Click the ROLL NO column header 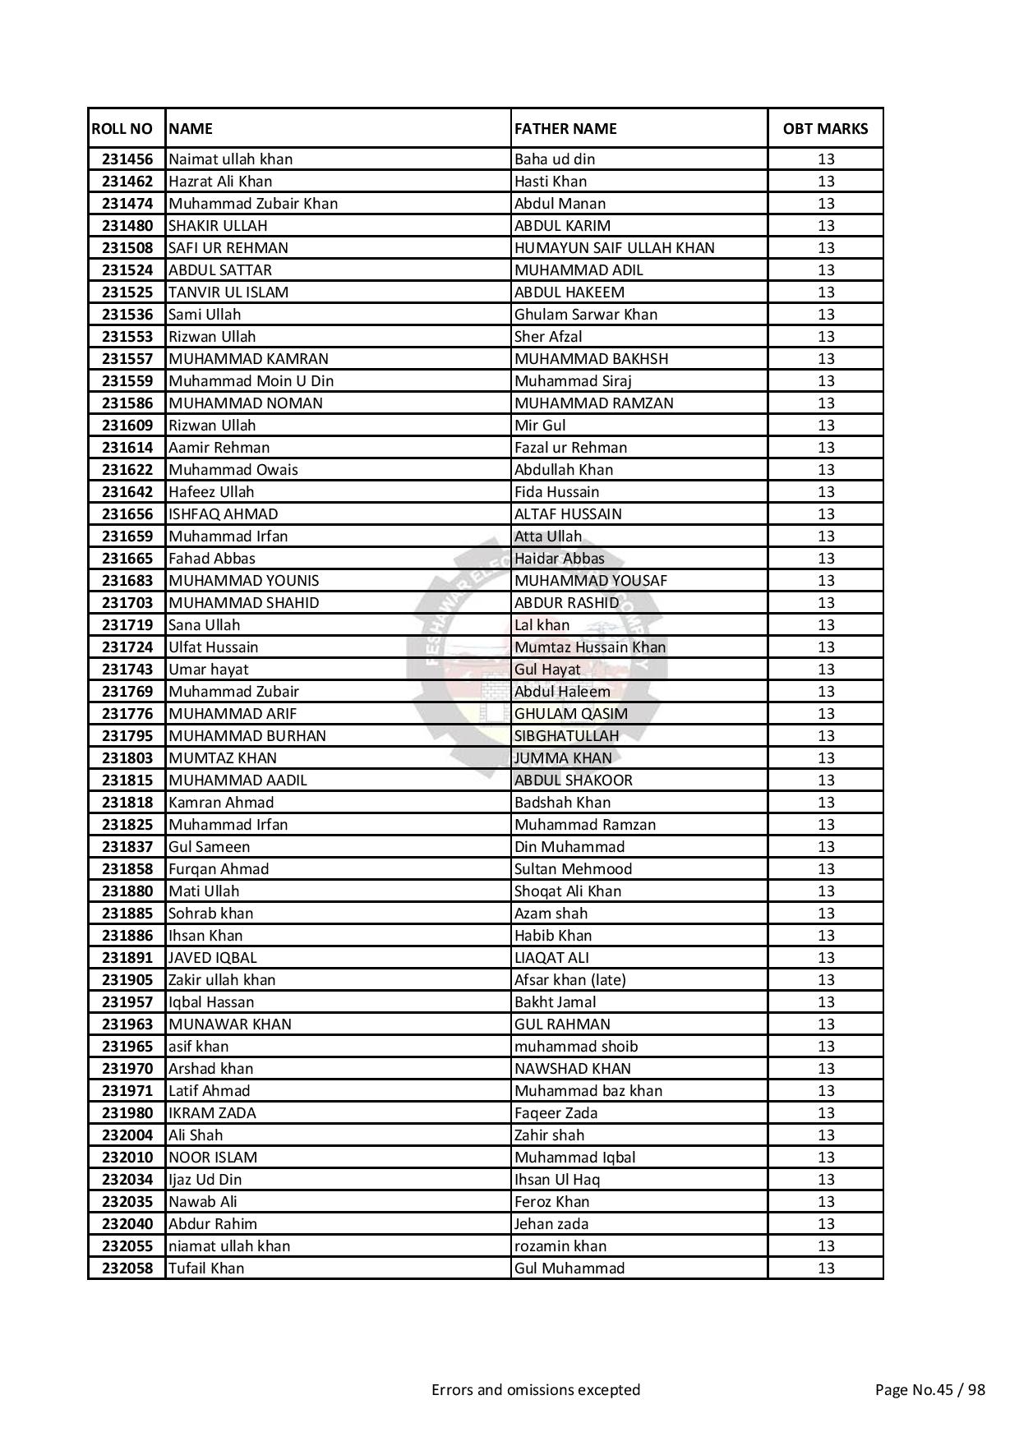pos(122,128)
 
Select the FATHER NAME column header pos(565,128)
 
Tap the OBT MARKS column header pos(825,128)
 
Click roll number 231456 pos(127,159)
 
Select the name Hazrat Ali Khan pos(220,181)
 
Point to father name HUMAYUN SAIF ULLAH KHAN pos(615,247)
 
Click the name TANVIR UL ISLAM pos(228,292)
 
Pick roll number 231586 pos(127,403)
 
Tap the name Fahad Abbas pos(212,558)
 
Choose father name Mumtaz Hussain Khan pos(590,647)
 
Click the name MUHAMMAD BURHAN pos(247,735)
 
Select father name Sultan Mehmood pos(574,868)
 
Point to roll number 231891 pos(127,957)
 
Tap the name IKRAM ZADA pos(212,1112)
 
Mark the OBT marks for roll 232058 pos(826,1268)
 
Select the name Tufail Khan pos(206,1268)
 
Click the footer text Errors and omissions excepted pos(536,1389)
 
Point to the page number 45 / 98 pos(929,1389)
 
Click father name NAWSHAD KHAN pos(573,1068)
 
